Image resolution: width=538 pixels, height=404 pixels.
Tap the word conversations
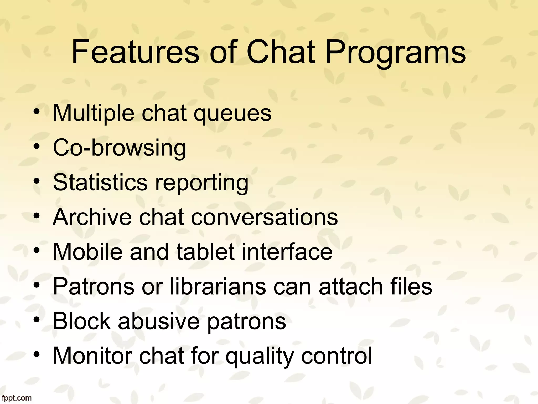[x=264, y=218]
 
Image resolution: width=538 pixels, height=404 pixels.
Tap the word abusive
[x=159, y=321]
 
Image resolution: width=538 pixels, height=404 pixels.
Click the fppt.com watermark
[x=16, y=398]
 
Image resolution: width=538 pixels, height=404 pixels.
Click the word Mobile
[x=88, y=252]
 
